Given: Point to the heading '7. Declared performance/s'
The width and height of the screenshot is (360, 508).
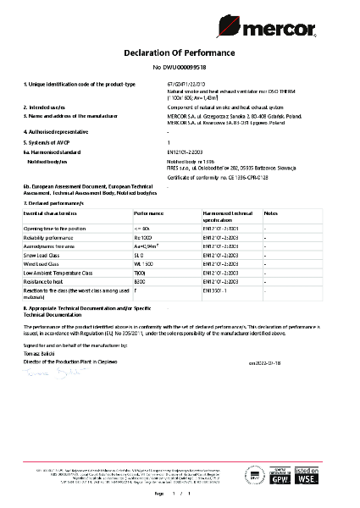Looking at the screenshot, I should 55,204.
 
